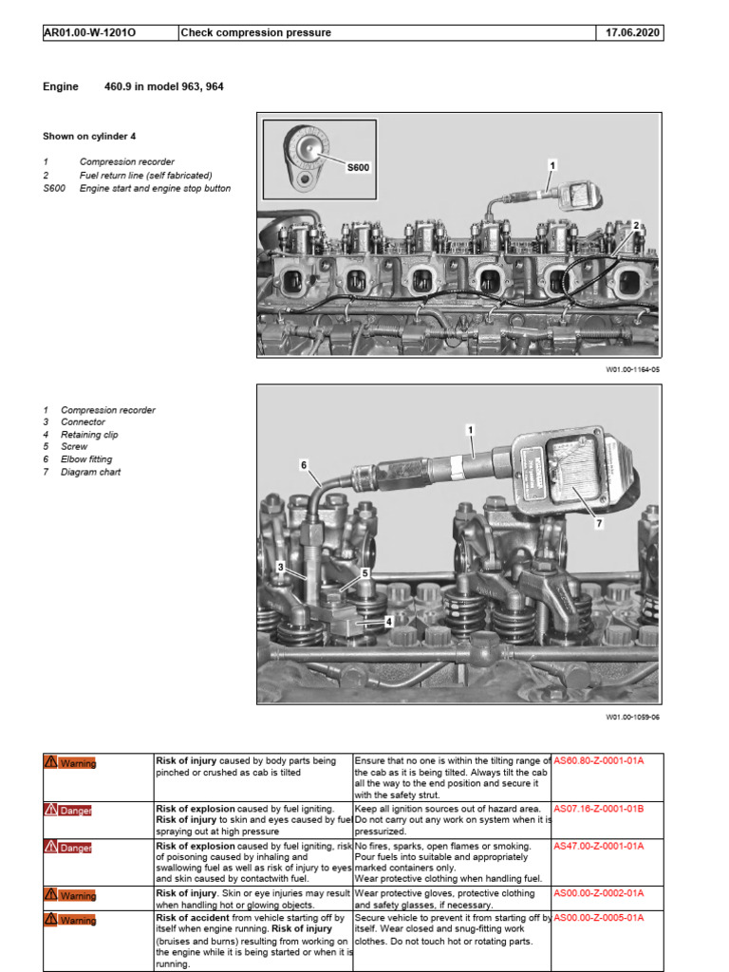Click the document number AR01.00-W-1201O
tap(90, 33)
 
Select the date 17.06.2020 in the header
tap(633, 33)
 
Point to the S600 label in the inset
tap(358, 167)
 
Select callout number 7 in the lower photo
tap(599, 523)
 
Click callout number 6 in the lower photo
tap(304, 465)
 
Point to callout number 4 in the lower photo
tap(389, 622)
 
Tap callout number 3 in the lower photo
tap(281, 567)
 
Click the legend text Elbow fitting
tap(87, 459)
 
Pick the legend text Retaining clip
tap(89, 435)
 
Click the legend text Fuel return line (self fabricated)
tap(145, 176)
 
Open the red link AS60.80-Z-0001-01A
tap(598, 761)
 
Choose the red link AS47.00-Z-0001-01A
tap(598, 845)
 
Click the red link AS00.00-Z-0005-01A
tap(598, 918)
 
